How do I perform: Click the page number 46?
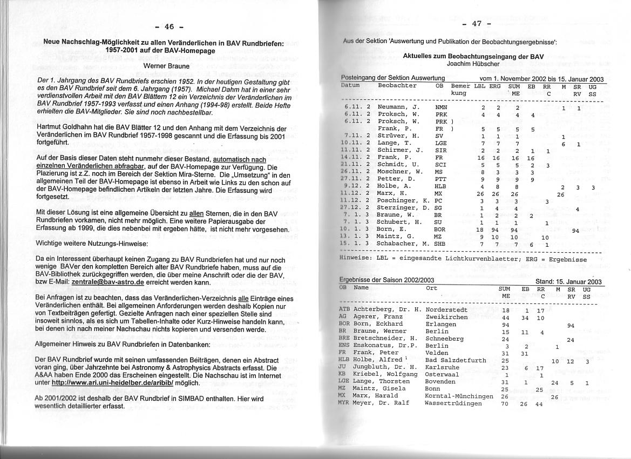169,27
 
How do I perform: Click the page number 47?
476,24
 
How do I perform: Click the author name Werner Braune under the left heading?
166,66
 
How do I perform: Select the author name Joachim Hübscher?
473,63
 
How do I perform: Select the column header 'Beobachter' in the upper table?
397,86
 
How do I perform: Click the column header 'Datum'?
350,86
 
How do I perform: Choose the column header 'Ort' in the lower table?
431,288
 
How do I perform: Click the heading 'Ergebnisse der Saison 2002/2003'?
386,280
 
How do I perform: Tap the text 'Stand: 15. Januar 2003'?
568,281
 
